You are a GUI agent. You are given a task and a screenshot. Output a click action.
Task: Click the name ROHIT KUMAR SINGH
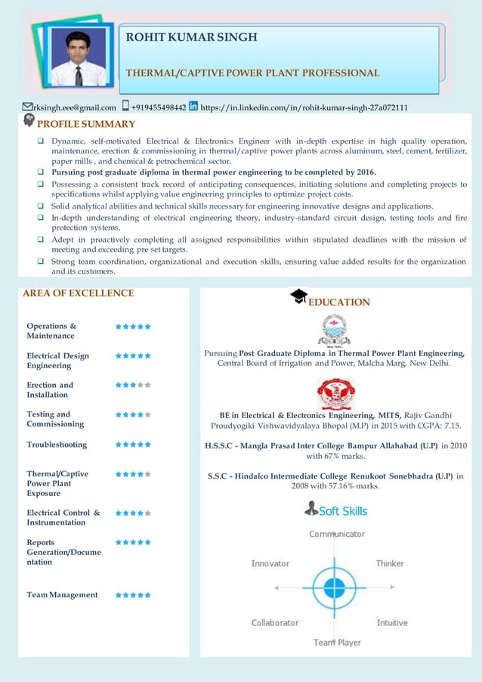tap(191, 37)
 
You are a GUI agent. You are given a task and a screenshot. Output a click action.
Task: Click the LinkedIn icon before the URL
tap(193, 107)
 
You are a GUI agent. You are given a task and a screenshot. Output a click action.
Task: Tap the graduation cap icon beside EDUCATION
tap(298, 296)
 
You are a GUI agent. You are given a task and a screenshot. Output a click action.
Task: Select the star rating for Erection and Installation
tap(133, 385)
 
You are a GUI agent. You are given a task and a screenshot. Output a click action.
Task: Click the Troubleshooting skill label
tap(57, 445)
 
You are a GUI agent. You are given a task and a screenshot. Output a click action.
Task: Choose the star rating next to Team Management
tap(133, 595)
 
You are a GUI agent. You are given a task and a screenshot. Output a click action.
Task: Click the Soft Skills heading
tap(343, 511)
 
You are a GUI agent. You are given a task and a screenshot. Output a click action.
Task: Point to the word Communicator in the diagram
tap(337, 534)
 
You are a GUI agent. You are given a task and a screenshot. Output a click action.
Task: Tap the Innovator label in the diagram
tap(270, 563)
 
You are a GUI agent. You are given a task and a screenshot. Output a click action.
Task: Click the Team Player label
tap(338, 642)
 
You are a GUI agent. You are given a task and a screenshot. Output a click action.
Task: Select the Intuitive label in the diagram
tap(392, 622)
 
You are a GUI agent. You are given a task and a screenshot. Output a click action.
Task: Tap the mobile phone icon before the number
tap(125, 107)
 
